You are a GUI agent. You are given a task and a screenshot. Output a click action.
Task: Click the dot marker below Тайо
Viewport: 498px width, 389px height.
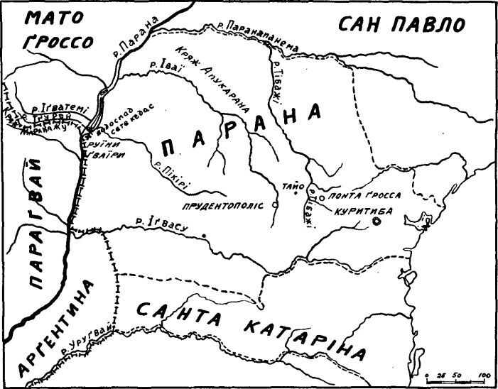tap(295, 191)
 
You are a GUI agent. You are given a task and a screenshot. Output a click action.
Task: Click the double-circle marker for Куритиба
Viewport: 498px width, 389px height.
tap(377, 221)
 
